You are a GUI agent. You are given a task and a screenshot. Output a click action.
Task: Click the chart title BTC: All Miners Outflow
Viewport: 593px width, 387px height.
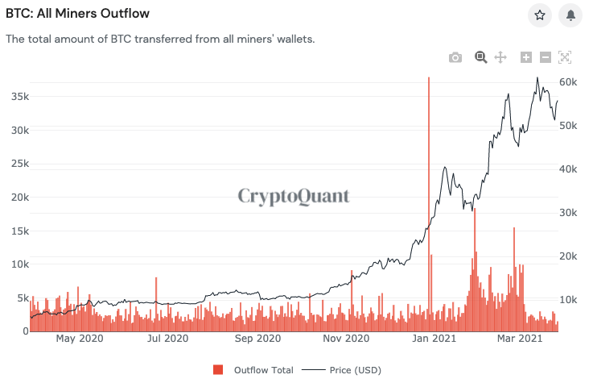[77, 14]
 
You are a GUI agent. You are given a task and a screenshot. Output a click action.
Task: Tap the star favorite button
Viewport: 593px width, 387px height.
[540, 15]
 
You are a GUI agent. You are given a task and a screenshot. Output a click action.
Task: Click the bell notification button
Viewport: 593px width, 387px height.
[571, 15]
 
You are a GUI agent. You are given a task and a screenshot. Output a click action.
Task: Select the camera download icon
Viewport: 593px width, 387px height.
[455, 57]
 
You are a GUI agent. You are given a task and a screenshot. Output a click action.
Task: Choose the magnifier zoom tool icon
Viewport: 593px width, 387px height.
[480, 56]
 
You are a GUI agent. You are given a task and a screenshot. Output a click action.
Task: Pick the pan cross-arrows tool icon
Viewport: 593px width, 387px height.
[500, 57]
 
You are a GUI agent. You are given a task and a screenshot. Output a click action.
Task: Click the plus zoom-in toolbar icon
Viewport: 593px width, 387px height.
[526, 57]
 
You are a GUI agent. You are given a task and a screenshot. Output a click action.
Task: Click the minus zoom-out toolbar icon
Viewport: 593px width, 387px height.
[545, 57]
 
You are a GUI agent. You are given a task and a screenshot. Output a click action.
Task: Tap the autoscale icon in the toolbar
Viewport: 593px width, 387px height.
[565, 57]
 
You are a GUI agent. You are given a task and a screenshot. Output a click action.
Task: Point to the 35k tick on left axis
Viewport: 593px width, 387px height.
[18, 96]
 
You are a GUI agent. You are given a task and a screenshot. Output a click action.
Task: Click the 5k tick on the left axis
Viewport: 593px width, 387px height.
[20, 298]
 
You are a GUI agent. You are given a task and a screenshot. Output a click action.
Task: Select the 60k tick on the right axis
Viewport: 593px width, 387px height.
[570, 82]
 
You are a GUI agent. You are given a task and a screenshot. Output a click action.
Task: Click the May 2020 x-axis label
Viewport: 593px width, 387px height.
[80, 339]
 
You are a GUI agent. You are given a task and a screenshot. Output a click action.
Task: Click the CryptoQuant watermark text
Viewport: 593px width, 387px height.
[294, 196]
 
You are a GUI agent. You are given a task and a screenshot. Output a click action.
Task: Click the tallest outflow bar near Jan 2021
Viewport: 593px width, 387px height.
[428, 202]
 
